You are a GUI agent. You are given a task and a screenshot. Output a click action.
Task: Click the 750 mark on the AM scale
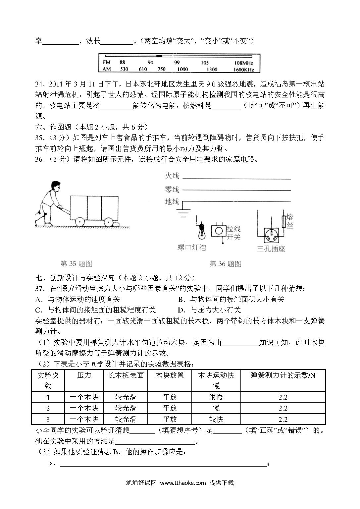(161, 69)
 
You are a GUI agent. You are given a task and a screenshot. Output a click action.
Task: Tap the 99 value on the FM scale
(177, 62)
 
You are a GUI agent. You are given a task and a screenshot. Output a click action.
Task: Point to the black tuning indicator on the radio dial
(159, 56)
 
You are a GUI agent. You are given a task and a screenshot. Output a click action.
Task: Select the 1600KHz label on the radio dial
(244, 69)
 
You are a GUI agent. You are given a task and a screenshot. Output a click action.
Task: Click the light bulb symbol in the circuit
(201, 232)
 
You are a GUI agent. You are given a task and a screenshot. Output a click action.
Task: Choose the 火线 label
(172, 176)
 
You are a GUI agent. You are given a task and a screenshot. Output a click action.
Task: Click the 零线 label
(172, 190)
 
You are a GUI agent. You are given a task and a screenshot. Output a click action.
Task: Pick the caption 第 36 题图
(226, 264)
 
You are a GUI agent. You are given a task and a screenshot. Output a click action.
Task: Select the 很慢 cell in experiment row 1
(216, 397)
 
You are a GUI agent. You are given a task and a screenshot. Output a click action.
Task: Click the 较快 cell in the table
(216, 419)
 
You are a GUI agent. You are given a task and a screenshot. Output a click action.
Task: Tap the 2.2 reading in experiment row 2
(283, 408)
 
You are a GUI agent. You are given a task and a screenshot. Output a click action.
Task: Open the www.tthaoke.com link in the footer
(183, 483)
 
